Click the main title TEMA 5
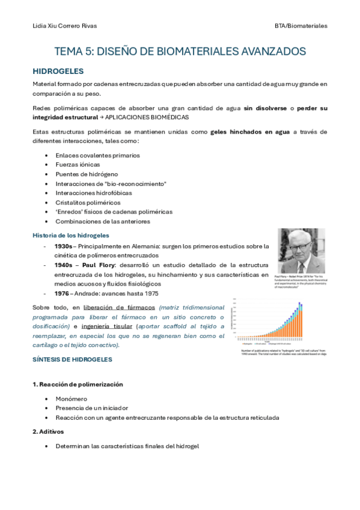tap(180, 52)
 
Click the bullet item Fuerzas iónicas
tap(78, 164)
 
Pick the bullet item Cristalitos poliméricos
tap(88, 202)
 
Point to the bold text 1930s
tap(64, 247)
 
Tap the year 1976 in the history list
tap(61, 293)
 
